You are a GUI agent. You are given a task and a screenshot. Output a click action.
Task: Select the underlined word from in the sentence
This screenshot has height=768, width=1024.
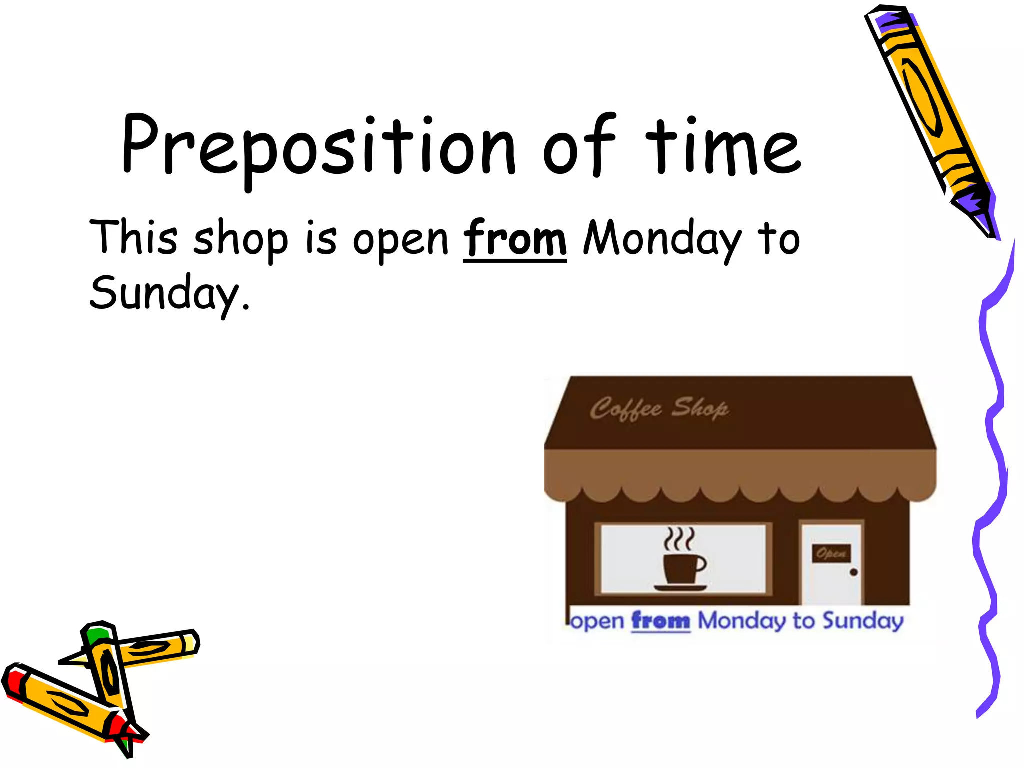[515, 239]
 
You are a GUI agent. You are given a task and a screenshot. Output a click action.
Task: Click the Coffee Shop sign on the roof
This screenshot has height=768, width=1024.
[659, 409]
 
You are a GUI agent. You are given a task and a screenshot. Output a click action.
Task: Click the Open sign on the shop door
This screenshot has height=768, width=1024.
[831, 553]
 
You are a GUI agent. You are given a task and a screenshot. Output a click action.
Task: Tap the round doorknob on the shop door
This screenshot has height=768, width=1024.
[853, 572]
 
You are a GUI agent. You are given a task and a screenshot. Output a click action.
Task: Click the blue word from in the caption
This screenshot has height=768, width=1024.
[660, 621]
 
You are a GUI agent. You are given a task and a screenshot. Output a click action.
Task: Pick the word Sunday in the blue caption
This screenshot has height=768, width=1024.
[863, 621]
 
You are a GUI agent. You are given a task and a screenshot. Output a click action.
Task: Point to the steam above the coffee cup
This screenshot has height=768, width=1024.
[679, 539]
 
